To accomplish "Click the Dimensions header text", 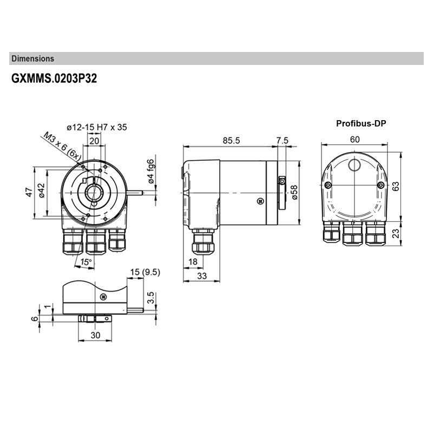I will pyautogui.click(x=32, y=58).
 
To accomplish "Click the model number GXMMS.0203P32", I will pyautogui.click(x=54, y=78).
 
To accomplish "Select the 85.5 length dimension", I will pyautogui.click(x=231, y=140).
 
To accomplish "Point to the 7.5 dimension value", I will pyautogui.click(x=282, y=140).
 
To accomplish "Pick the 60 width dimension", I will pyautogui.click(x=355, y=139).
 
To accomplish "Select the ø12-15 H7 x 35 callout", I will pyautogui.click(x=97, y=127).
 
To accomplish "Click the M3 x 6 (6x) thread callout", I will pyautogui.click(x=62, y=145).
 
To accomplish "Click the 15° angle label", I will pyautogui.click(x=85, y=262).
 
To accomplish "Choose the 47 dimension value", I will pyautogui.click(x=29, y=192).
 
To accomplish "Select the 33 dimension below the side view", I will pyautogui.click(x=201, y=275).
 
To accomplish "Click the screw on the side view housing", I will pyautogui.click(x=260, y=201).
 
